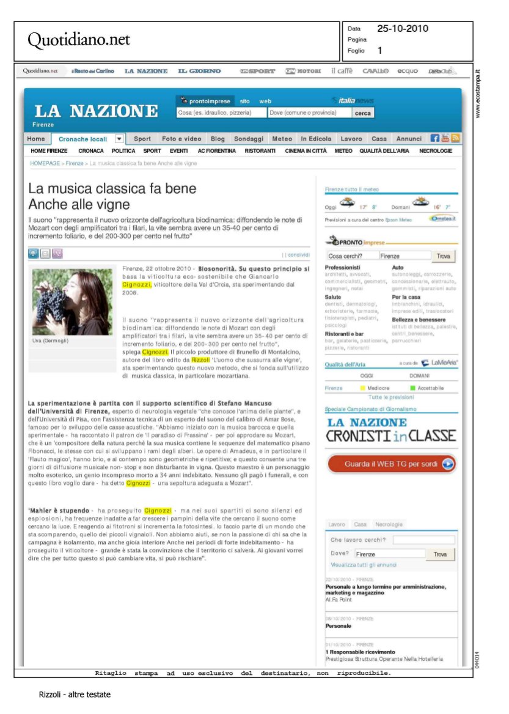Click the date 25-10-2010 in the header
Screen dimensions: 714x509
[x=402, y=29]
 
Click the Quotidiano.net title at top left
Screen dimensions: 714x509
[x=79, y=40]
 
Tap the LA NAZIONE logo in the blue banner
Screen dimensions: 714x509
[x=96, y=111]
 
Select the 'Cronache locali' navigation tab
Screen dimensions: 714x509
[x=82, y=139]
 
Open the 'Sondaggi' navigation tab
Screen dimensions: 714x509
[x=248, y=139]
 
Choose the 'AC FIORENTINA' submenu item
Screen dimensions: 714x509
[x=216, y=151]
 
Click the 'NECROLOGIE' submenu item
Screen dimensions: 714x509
[x=435, y=151]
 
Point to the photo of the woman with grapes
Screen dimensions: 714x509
[x=72, y=301]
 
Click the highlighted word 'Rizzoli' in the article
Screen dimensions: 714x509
[x=200, y=360]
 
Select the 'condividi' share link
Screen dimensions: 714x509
[x=299, y=254]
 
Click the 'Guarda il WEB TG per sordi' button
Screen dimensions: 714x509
[x=391, y=464]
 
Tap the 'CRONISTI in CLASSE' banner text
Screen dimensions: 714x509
[x=391, y=436]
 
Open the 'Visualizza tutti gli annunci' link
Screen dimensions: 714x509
[x=364, y=565]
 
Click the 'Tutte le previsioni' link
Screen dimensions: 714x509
[x=391, y=397]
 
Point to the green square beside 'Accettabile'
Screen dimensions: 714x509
[x=412, y=388]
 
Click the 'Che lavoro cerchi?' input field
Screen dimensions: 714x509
[x=423, y=540]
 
